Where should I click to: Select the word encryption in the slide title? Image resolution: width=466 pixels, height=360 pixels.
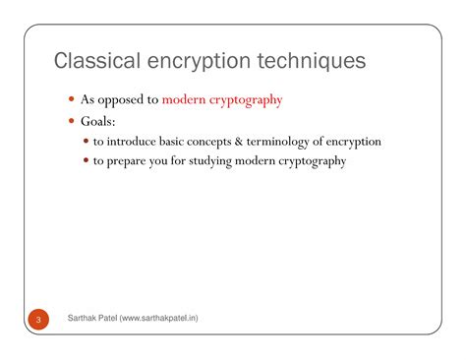pyautogui.click(x=199, y=61)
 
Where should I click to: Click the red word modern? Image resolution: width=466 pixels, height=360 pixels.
pyautogui.click(x=184, y=99)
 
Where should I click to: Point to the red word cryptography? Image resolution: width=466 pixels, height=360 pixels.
pyautogui.click(x=246, y=99)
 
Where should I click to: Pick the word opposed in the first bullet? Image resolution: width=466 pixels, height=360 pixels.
pyautogui.click(x=125, y=100)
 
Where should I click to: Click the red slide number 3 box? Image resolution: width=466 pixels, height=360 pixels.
pyautogui.click(x=37, y=321)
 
